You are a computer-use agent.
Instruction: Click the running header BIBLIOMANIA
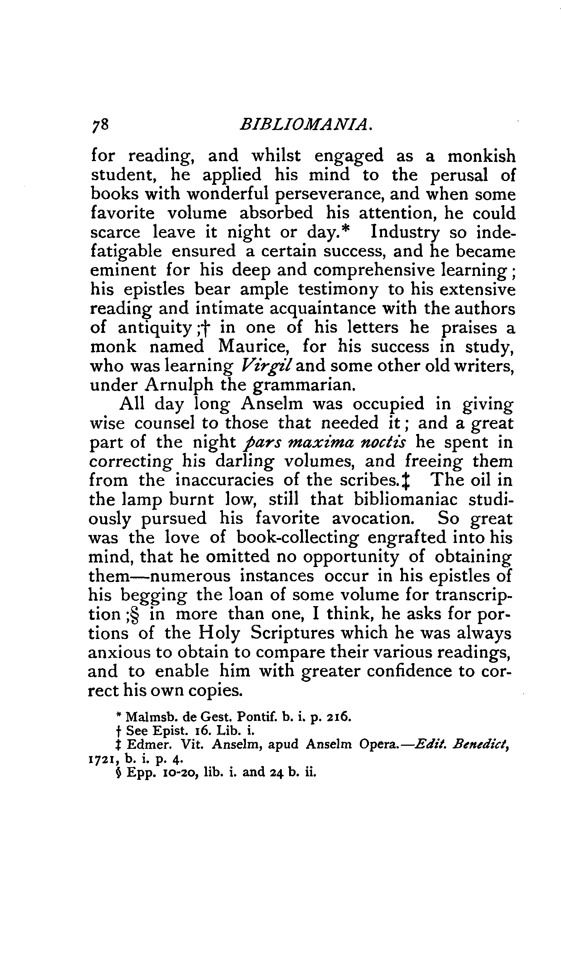click(306, 125)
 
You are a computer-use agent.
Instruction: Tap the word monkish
click(481, 156)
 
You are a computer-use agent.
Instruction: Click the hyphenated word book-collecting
click(298, 538)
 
